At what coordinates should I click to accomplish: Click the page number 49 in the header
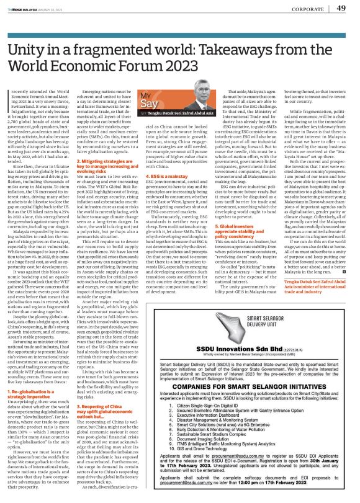click(x=341, y=8)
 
